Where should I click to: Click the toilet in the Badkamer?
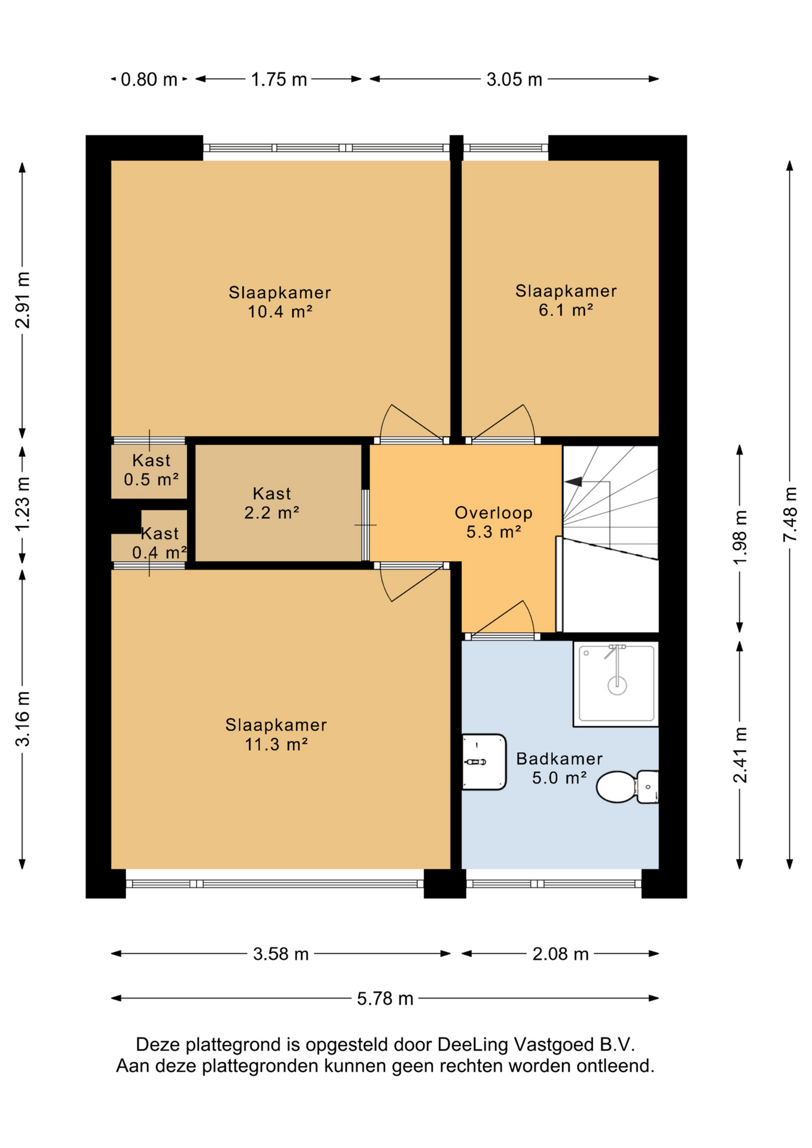(x=627, y=786)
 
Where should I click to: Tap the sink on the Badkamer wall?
(x=484, y=762)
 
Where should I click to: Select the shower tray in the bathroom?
(x=616, y=684)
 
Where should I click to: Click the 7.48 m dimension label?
(x=790, y=515)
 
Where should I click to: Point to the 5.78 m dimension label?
(x=385, y=999)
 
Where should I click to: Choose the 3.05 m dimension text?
(x=514, y=80)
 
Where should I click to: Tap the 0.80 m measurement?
(x=149, y=80)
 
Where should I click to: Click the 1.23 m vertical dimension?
(x=23, y=503)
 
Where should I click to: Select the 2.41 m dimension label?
(x=740, y=755)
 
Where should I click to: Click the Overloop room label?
(x=493, y=522)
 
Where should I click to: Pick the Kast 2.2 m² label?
(x=272, y=503)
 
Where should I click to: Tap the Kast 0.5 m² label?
(x=151, y=470)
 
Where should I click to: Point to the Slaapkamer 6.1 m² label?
(x=566, y=300)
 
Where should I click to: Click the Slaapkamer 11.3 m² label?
(x=276, y=734)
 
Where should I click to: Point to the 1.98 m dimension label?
(x=740, y=538)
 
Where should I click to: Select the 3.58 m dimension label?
(x=280, y=954)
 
